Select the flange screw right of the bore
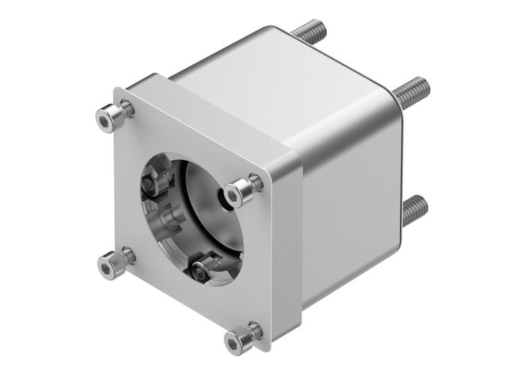point(238,193)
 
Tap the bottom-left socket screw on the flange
point(111,263)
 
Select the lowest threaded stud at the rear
point(413,211)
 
